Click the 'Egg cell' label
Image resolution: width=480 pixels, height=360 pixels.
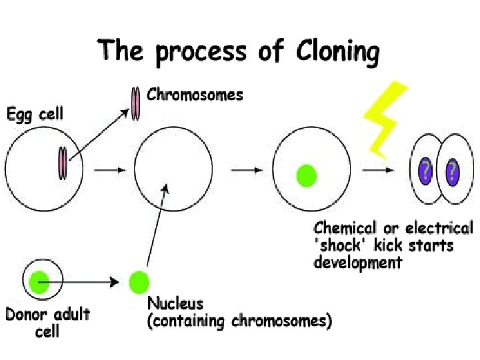coord(35,114)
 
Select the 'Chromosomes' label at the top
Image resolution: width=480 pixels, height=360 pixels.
coord(195,95)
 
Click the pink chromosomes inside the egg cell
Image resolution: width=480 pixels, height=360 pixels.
coord(62,163)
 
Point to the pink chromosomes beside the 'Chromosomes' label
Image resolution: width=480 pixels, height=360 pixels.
coord(136,104)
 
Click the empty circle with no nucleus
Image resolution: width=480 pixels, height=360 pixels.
coord(173,171)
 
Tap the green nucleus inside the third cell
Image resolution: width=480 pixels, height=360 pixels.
coord(306,175)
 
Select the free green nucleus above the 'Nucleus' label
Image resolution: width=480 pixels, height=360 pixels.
coord(138,281)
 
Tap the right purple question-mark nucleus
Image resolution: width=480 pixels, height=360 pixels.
coord(453,171)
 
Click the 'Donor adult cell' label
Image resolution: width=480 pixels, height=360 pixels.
coord(47,321)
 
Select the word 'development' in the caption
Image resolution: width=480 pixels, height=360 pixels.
coord(357,262)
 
